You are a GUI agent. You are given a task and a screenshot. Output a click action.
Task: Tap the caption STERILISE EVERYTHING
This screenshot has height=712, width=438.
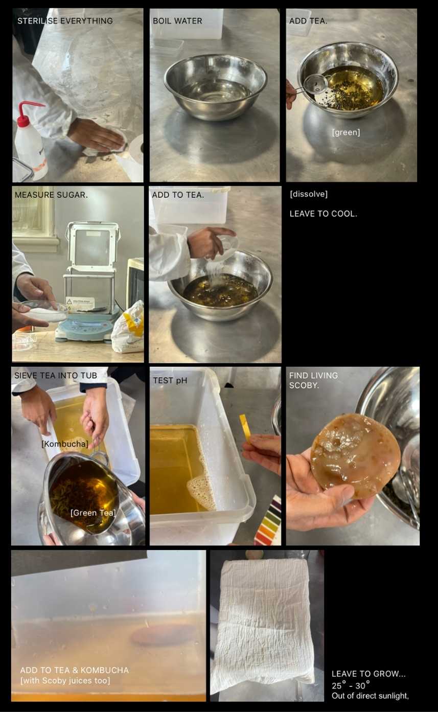pos(65,21)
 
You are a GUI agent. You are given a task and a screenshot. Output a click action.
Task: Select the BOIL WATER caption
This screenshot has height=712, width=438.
pos(177,21)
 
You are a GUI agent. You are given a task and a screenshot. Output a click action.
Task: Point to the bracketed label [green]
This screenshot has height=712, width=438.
pos(346,132)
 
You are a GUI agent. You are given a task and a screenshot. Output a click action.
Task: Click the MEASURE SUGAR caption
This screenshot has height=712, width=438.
pos(51,195)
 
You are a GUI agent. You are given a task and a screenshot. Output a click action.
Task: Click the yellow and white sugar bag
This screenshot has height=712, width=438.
pos(128,328)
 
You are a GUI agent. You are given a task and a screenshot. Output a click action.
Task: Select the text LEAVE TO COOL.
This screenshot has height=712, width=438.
pos(323,214)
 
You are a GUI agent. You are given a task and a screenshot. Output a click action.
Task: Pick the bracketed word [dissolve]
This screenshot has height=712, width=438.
pos(309,194)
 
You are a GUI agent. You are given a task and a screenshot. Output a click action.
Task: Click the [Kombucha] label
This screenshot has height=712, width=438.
pos(65,444)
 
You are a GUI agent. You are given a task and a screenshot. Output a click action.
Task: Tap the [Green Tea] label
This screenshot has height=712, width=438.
pos(93,513)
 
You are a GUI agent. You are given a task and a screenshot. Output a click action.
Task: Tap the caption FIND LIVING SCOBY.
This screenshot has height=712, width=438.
pos(313,380)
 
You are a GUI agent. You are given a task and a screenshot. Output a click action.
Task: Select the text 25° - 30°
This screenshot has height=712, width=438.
pos(351,685)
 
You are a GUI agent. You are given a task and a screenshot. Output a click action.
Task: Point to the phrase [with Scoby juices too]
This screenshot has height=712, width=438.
pos(65,680)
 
